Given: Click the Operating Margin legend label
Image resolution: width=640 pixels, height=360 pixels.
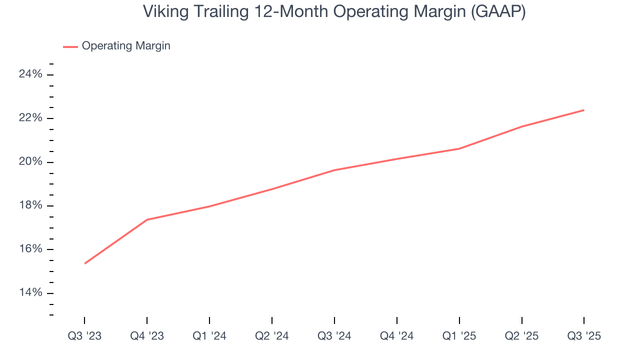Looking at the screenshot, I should [126, 46].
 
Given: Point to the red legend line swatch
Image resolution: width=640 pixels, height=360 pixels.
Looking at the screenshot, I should [70, 46].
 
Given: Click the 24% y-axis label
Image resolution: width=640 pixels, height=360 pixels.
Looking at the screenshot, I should [30, 74].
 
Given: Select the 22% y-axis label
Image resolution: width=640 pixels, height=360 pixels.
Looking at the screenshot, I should [30, 118].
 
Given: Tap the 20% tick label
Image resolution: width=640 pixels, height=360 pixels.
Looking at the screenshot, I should [30, 162].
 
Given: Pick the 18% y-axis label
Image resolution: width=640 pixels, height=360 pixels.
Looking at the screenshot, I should [30, 206].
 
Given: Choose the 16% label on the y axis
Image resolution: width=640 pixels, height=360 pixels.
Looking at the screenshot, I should [30, 249].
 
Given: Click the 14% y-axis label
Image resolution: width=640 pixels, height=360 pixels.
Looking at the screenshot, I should [30, 293].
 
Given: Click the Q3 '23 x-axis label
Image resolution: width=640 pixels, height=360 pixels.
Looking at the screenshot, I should [84, 336].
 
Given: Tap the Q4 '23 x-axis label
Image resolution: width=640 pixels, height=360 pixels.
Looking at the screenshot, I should [147, 336].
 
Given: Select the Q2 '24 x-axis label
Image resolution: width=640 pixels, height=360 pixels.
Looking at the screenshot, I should [272, 336].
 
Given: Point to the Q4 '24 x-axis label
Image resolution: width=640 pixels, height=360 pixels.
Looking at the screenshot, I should [397, 336].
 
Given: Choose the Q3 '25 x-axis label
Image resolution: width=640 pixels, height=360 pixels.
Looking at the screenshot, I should [584, 336].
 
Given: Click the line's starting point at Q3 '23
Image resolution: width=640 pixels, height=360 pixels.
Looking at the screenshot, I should [85, 263].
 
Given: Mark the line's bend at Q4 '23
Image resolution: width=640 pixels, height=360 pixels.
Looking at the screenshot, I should [147, 219].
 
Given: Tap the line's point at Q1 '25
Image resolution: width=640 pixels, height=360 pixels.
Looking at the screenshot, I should [459, 148].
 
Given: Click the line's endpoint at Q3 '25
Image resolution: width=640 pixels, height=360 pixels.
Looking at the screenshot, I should [584, 110].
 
